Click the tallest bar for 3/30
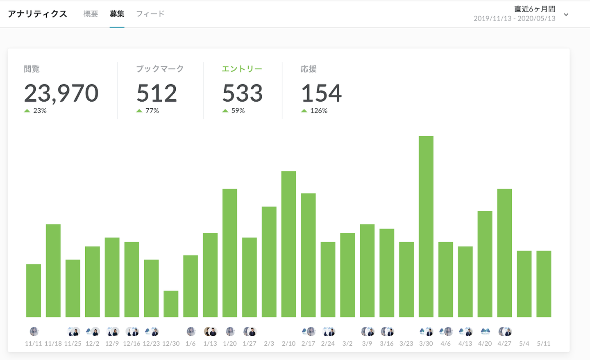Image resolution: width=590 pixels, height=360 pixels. pos(426,226)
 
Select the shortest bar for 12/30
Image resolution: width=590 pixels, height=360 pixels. pos(171,304)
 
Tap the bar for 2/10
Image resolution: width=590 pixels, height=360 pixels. pos(288,244)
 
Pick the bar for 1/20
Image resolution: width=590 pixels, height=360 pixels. pos(230,253)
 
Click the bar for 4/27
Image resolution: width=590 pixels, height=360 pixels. pos(504,253)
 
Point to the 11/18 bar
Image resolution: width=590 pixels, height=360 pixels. pos(53,271)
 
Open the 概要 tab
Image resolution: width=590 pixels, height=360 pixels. pos(91,14)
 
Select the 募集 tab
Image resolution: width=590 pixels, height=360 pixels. pos(117,14)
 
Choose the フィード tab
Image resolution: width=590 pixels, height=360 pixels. pos(150,14)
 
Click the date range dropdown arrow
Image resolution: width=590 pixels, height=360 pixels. pos(566,15)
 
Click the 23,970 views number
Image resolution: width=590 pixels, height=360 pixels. pos(61,93)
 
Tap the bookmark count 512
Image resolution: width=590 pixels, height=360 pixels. pos(157,93)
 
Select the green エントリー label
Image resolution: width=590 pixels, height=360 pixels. pos(242,69)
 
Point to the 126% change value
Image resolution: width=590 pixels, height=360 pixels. pos(318,111)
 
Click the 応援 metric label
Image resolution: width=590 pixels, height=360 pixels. pos(309,69)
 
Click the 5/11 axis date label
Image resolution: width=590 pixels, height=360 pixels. pos(544,344)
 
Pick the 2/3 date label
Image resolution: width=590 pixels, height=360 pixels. pos(269,344)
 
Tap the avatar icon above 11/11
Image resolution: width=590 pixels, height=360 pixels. pos(34,331)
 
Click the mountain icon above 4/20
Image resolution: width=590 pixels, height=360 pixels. pos(485,331)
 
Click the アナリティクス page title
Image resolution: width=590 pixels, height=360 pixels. pos(37,14)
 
